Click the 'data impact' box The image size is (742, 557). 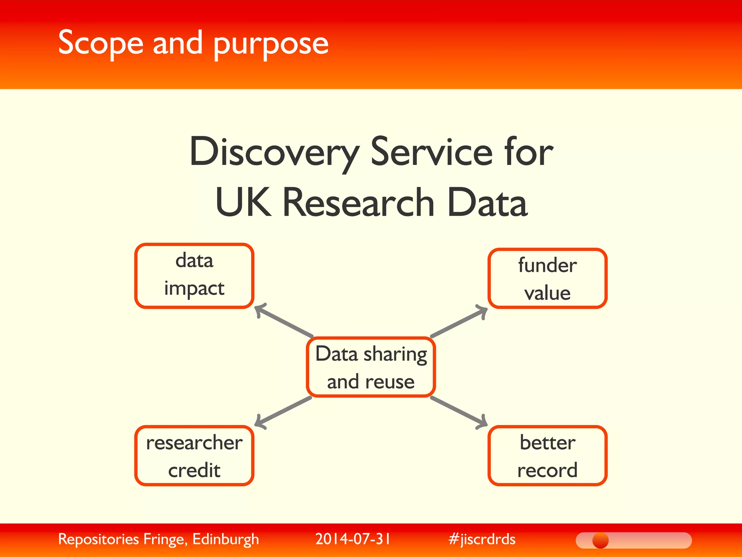click(194, 276)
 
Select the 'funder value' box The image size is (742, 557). click(547, 278)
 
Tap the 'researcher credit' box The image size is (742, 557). click(194, 455)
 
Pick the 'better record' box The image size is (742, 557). click(547, 455)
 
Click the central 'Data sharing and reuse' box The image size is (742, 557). click(371, 367)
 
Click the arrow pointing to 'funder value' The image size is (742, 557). click(459, 321)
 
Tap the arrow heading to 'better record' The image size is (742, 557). click(459, 412)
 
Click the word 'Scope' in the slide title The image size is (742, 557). click(101, 44)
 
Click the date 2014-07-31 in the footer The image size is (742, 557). click(353, 539)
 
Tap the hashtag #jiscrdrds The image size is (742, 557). click(482, 539)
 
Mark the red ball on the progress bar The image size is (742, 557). click(600, 540)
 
